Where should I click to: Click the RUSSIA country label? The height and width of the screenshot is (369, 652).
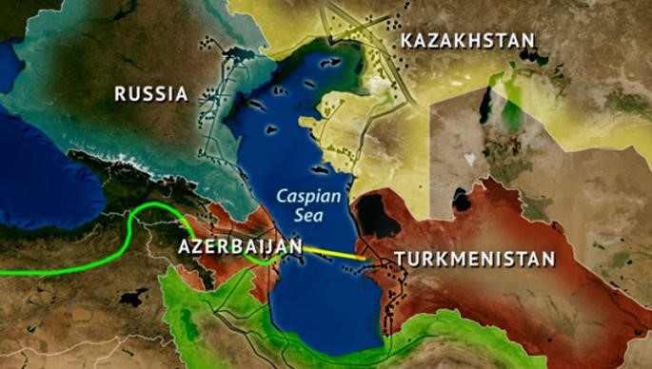coord(150,93)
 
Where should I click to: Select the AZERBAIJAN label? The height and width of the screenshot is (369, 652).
coord(240,247)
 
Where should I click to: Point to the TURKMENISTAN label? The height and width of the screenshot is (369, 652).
coord(474,259)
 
